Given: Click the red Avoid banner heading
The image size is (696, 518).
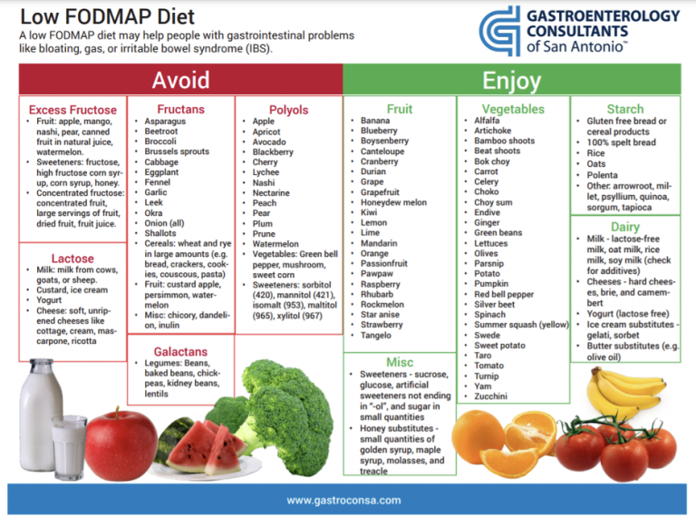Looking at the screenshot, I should point(180,81).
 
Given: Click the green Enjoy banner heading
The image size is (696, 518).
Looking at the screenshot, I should point(512,81).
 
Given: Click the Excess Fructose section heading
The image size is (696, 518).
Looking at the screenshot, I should point(72,110).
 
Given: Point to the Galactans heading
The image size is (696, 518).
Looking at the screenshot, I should point(180,350).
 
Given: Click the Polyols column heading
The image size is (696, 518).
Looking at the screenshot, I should point(288,110).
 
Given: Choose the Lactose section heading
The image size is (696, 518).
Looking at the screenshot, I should point(72,259).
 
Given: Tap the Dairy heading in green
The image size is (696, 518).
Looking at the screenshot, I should point(625,227).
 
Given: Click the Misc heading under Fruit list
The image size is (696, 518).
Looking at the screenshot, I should point(400,362).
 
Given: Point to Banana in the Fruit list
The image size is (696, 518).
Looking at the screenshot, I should point(375,121).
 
